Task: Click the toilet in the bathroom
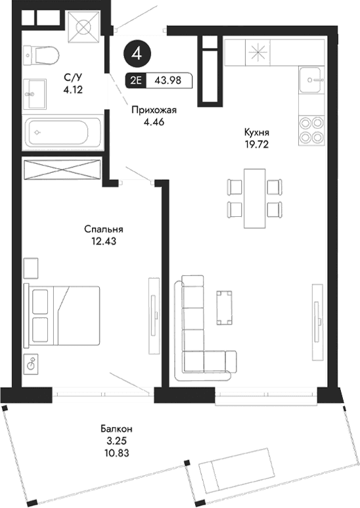pos(43,55)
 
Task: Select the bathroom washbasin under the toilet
pos(35,92)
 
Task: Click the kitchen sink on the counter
pos(312,82)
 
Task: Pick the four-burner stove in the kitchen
pos(311,129)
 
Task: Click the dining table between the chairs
pos(254,197)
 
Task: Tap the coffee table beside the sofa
pos(225,308)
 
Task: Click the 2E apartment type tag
pos(137,80)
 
